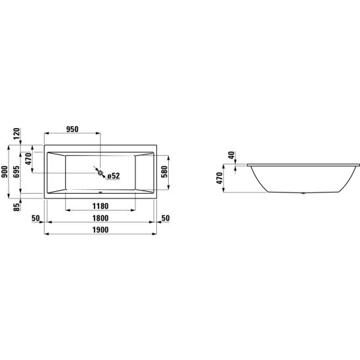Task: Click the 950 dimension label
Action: click(72, 129)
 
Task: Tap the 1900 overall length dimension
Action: click(101, 230)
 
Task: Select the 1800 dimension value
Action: click(101, 218)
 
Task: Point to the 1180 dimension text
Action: click(101, 206)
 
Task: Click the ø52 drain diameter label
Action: click(114, 176)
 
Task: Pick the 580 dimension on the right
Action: click(164, 171)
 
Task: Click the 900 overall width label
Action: click(5, 171)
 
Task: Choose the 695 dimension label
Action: click(16, 171)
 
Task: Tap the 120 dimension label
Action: click(17, 134)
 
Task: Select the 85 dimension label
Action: click(17, 208)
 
